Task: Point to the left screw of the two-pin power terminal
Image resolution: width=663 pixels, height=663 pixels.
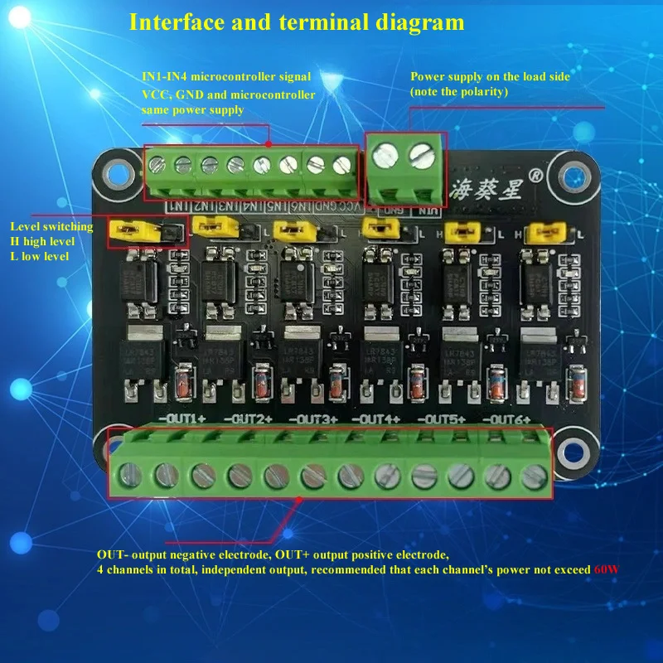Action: tap(384, 153)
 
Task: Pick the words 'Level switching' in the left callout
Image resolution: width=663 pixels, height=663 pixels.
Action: tap(51, 225)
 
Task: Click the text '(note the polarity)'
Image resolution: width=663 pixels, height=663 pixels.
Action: tap(459, 91)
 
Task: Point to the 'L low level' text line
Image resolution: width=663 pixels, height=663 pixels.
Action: tap(39, 256)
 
